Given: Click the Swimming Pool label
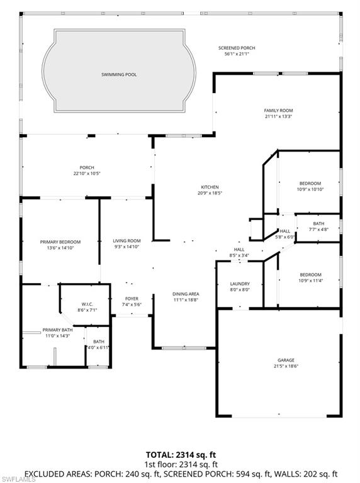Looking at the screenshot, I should [119, 74].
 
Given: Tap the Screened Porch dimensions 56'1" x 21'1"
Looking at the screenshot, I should [237, 54].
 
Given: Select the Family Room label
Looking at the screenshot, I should [278, 110].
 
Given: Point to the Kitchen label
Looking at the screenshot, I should [209, 187].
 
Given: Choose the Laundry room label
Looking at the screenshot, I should [239, 284].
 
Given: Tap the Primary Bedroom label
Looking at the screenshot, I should [60, 241].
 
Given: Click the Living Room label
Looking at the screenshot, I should [127, 241].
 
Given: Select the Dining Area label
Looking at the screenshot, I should [186, 294].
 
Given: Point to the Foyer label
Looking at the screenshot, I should [132, 299].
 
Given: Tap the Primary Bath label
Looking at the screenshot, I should [58, 330].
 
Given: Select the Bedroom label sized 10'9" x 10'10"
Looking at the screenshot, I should [310, 183].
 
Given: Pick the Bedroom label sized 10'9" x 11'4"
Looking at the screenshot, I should [310, 275].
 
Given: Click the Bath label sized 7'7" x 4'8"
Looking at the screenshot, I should [318, 223].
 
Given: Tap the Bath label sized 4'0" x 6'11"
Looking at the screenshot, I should [99, 341].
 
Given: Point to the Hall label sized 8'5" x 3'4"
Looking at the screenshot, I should [239, 250].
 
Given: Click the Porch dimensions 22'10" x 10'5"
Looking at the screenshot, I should [87, 173].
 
